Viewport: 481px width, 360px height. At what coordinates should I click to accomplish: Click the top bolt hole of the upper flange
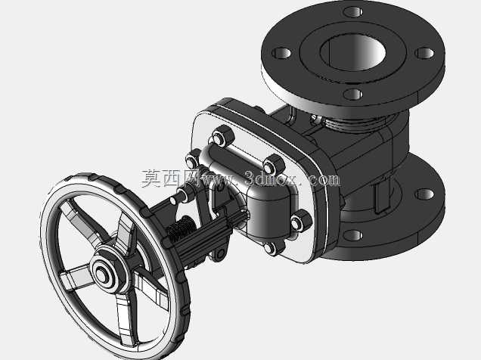(x=352, y=12)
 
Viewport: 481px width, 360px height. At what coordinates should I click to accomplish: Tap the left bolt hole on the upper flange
(x=281, y=53)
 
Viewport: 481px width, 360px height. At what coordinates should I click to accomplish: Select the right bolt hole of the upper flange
(x=424, y=53)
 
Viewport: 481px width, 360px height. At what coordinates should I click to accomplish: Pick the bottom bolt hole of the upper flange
(x=352, y=94)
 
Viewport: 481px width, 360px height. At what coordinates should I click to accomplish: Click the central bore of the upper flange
(x=352, y=52)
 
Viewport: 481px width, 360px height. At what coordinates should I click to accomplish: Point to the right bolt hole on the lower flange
(x=424, y=194)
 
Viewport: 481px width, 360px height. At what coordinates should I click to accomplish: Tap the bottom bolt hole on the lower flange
(x=352, y=235)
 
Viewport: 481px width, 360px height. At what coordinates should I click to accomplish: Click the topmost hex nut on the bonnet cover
(x=222, y=136)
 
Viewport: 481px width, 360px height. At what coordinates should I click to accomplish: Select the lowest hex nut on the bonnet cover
(x=273, y=247)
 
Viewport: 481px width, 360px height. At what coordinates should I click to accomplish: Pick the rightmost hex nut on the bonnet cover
(x=300, y=221)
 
